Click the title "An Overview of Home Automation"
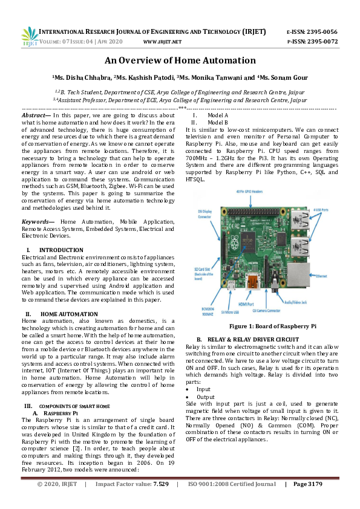point(180,60)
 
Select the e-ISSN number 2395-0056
point(322,31)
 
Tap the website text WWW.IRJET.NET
point(162,42)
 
